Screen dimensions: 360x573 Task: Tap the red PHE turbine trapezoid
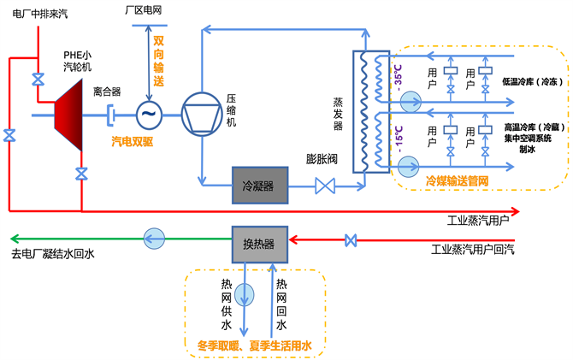tap(69, 113)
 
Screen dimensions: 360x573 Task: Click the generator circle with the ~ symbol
tap(149, 113)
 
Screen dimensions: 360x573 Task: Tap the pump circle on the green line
tap(154, 237)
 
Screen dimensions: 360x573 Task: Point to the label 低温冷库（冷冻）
tap(529, 83)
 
